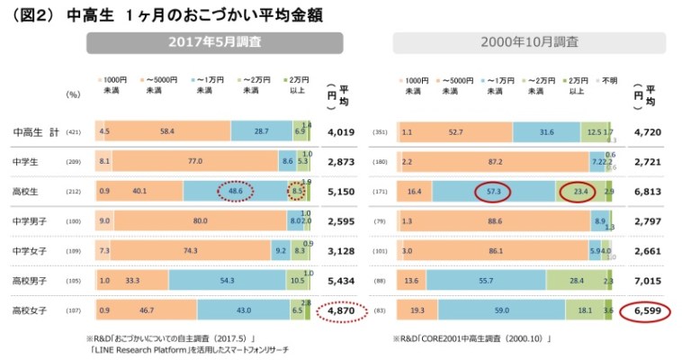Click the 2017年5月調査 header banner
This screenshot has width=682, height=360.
(x=214, y=42)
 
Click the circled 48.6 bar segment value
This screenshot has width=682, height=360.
(x=237, y=192)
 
